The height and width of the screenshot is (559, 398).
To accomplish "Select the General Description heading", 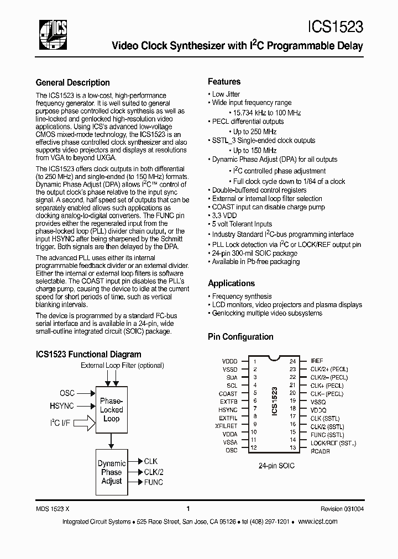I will [72, 83].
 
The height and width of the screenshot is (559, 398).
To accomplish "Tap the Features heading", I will [224, 81].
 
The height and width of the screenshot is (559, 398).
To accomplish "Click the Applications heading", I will [231, 283].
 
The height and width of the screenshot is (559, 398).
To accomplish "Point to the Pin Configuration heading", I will [240, 336].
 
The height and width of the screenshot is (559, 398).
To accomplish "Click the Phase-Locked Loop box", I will [111, 410].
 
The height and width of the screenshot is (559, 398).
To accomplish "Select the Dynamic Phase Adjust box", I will [111, 472].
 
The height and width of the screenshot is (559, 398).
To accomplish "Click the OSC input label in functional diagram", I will [67, 393].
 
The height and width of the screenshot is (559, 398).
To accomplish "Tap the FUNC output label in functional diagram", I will [153, 482].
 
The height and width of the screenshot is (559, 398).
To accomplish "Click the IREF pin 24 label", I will [317, 361].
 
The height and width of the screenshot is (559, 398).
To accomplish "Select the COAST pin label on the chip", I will [228, 394].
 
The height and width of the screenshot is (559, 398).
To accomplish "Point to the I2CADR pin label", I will [321, 451].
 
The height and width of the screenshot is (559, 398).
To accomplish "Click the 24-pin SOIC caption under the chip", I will [276, 466].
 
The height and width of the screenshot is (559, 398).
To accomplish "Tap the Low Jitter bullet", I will [226, 94].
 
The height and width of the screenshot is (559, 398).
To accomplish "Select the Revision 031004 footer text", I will [342, 509].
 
